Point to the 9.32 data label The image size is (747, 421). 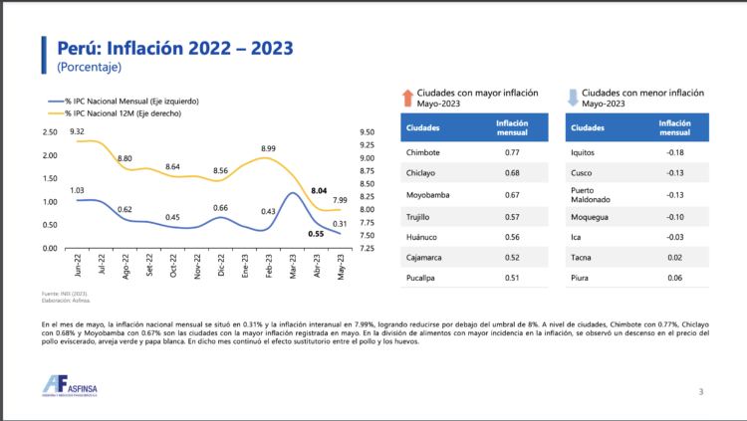tap(77, 132)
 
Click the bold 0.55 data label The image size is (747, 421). tap(317, 234)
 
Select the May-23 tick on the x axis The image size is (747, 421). tap(341, 267)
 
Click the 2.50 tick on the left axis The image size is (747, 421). tap(50, 132)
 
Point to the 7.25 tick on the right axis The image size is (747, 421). tap(368, 248)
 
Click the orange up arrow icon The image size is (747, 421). tap(406, 97)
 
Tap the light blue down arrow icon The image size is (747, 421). tap(572, 97)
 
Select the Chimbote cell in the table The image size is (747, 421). tap(424, 152)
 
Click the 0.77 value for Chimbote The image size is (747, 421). tap(513, 152)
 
